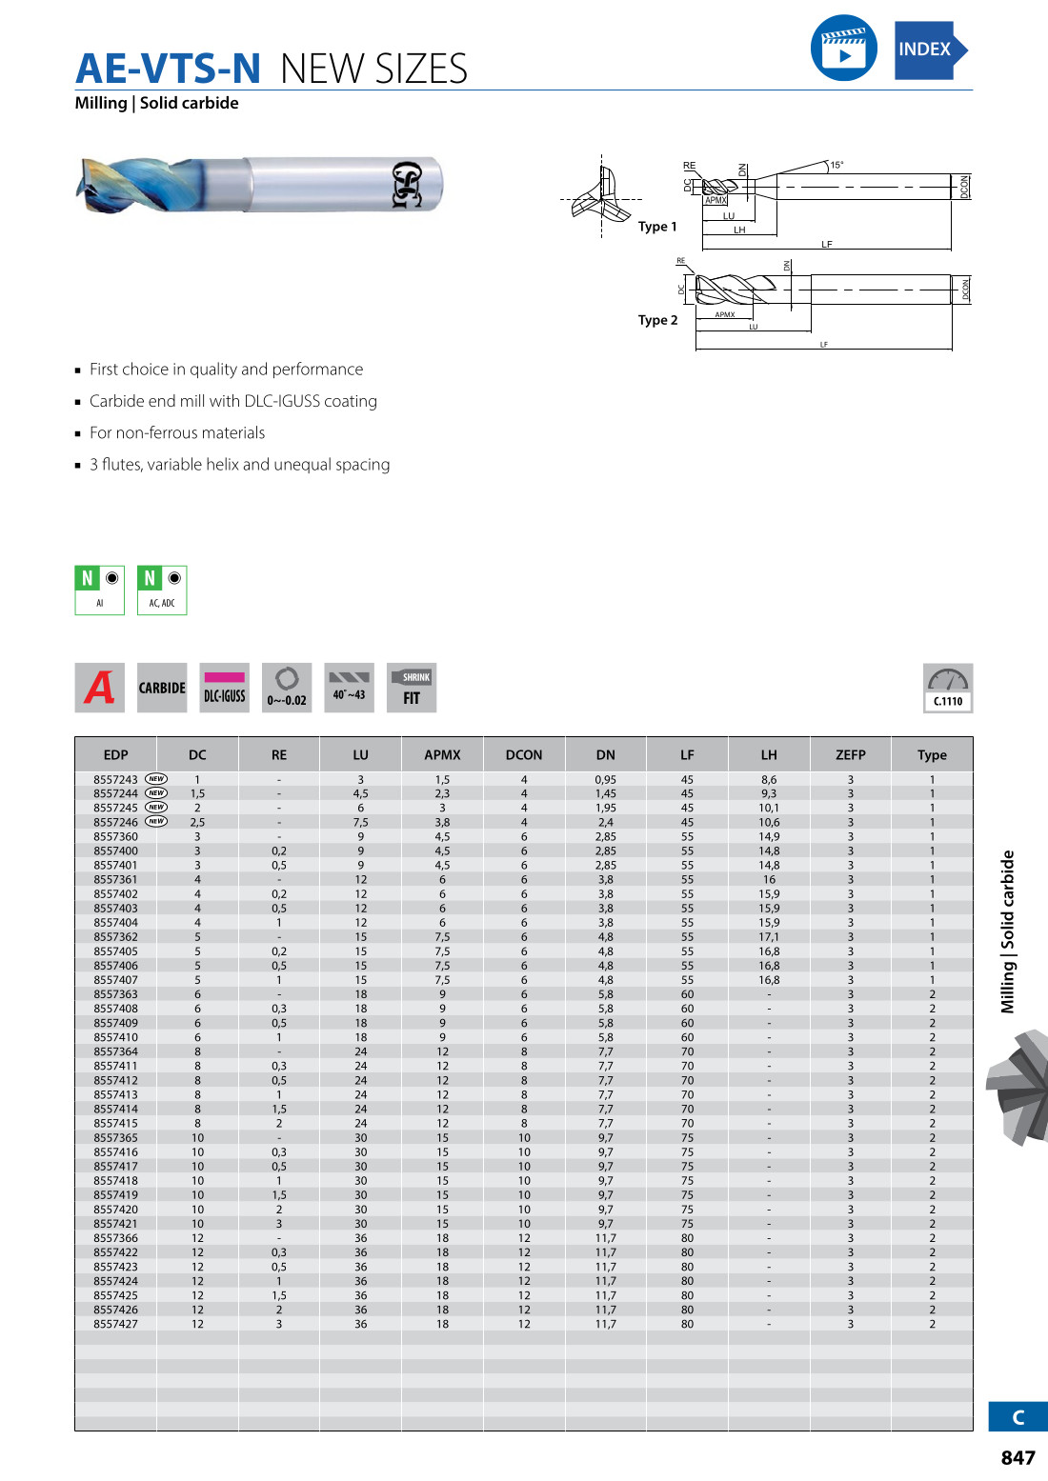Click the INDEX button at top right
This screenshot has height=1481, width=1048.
pyautogui.click(x=929, y=50)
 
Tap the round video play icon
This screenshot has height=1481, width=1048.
pyautogui.click(x=843, y=48)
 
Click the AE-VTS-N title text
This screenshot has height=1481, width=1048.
pyautogui.click(x=168, y=69)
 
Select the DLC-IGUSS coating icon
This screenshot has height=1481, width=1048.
pyautogui.click(x=225, y=688)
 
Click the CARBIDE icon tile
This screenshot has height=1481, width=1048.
pyautogui.click(x=162, y=688)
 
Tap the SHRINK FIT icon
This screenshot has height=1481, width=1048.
pyautogui.click(x=412, y=688)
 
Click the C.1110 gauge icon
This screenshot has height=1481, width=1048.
pyautogui.click(x=948, y=688)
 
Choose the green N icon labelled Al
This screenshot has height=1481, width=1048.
pyautogui.click(x=100, y=590)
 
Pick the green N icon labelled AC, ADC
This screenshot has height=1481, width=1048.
pyautogui.click(x=162, y=590)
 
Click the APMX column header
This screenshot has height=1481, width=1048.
pyautogui.click(x=442, y=754)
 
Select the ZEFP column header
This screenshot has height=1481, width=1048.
pyautogui.click(x=851, y=754)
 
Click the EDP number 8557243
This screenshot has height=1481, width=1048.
pyautogui.click(x=115, y=779)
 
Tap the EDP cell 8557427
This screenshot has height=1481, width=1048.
pyautogui.click(x=115, y=1324)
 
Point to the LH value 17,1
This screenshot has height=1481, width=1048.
pyautogui.click(x=769, y=937)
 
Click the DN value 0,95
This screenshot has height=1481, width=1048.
pyautogui.click(x=606, y=779)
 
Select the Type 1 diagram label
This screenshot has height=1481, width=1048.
pyautogui.click(x=657, y=227)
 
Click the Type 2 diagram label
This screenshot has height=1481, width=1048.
pyautogui.click(x=658, y=320)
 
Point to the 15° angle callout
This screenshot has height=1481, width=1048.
pyautogui.click(x=836, y=165)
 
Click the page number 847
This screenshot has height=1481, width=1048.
pyautogui.click(x=1018, y=1457)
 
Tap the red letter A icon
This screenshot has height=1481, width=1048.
pyautogui.click(x=99, y=688)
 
